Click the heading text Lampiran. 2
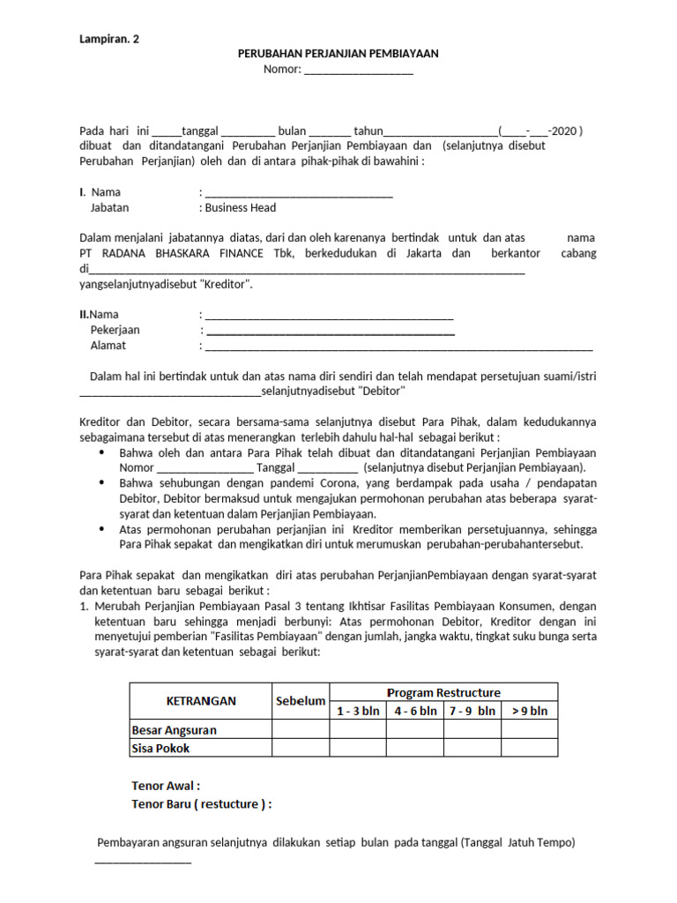[x=108, y=38]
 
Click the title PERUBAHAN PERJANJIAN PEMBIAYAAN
[x=338, y=54]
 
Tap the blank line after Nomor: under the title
[x=359, y=71]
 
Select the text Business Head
[x=240, y=208]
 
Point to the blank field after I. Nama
[x=298, y=193]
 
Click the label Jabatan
[x=109, y=208]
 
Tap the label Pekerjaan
[x=115, y=330]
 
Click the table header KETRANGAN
[x=201, y=701]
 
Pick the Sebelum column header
[x=301, y=701]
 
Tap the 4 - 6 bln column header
[x=415, y=711]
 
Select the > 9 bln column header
[x=530, y=711]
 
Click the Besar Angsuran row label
[x=174, y=730]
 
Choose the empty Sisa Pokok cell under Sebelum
[x=301, y=749]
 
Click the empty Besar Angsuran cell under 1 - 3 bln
[x=357, y=730]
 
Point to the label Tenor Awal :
[x=166, y=786]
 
